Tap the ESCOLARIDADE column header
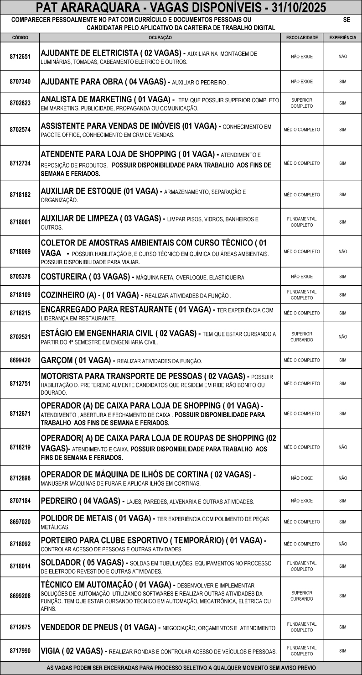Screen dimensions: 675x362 [301, 37]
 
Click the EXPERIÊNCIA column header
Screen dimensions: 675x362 [343, 37]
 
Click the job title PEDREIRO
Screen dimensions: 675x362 [61, 501]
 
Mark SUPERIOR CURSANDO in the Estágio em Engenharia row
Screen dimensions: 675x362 [301, 337]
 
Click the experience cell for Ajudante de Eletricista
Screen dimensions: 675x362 [343, 57]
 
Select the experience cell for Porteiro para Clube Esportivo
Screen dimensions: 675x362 [343, 544]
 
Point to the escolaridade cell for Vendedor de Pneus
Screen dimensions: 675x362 [301, 627]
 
